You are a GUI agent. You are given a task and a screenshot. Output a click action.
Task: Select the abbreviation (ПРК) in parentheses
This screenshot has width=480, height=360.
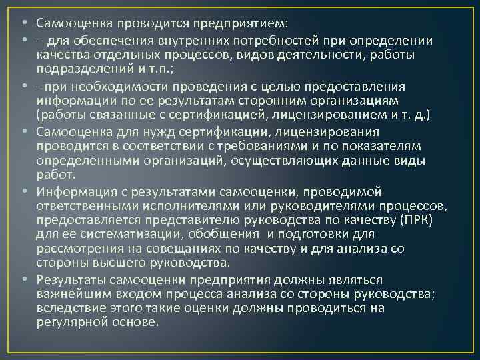[411, 219]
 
